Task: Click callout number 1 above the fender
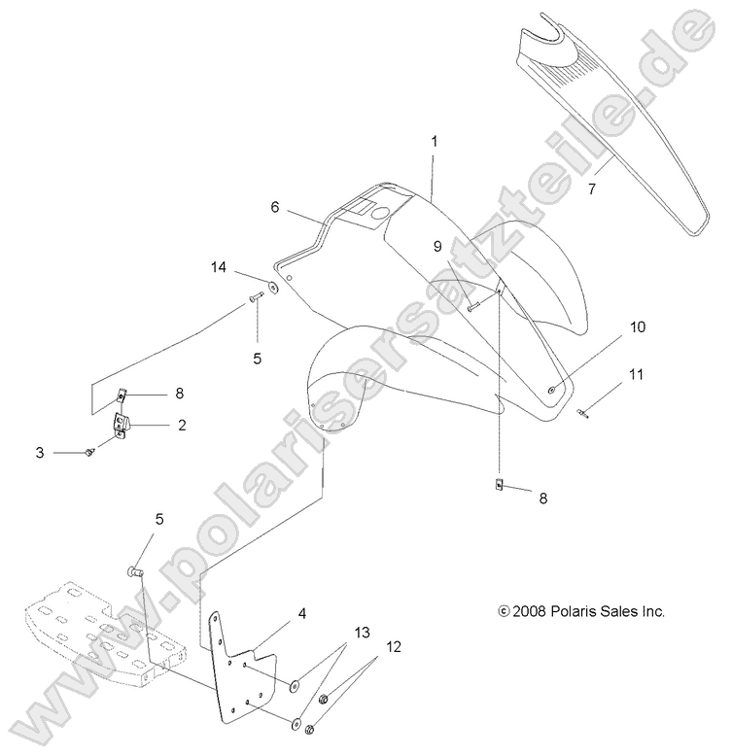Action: click(435, 142)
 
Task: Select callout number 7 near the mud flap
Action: click(592, 189)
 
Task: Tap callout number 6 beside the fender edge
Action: click(275, 207)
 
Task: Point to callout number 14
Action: click(219, 267)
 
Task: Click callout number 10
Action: click(638, 326)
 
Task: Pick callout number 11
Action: click(636, 374)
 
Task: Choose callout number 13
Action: click(363, 632)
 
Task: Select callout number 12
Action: click(394, 646)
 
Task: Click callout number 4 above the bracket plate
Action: click(302, 614)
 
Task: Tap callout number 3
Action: click(40, 453)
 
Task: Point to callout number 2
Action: click(182, 426)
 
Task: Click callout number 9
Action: click(437, 247)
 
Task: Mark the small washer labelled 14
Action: click(274, 287)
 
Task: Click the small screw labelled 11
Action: click(581, 413)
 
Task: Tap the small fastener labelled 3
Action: click(89, 452)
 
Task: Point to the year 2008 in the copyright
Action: click(530, 611)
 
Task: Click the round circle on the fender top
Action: click(380, 213)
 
